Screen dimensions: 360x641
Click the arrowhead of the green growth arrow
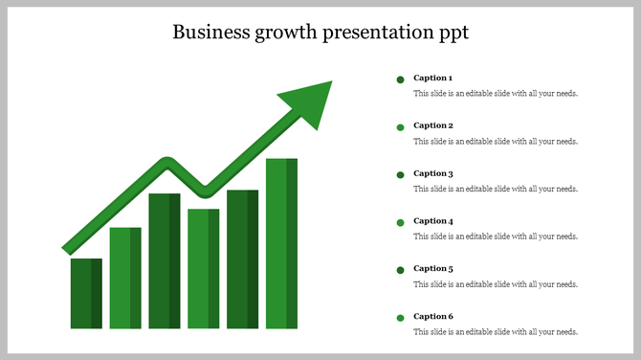pos(309,101)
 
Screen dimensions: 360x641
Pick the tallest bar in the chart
pos(281,243)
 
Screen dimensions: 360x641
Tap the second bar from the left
pos(125,278)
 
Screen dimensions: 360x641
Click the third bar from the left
pos(165,260)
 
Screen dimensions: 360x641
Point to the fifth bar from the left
pos(242,259)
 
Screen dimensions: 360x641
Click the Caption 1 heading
pos(433,78)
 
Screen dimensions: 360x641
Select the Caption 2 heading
pos(433,125)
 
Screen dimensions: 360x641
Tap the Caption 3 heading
pos(433,173)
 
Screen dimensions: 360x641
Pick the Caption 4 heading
pos(433,221)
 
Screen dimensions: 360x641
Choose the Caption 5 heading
pos(433,268)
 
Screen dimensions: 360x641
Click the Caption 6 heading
pos(433,316)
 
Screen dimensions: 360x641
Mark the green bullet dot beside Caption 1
pos(400,79)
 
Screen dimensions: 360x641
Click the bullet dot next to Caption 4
pos(400,222)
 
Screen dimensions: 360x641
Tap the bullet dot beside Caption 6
pos(400,318)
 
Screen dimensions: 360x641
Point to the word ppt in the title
pos(452,34)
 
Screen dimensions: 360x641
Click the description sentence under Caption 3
pos(496,189)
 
